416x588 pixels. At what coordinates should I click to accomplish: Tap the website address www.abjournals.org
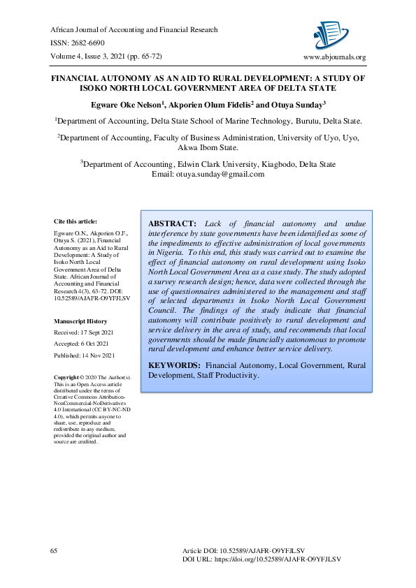coord(333,57)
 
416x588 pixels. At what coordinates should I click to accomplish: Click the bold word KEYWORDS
coord(175,365)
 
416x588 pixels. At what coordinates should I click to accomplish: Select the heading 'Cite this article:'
coord(76,221)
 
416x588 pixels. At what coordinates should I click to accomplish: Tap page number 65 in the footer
coord(54,551)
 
